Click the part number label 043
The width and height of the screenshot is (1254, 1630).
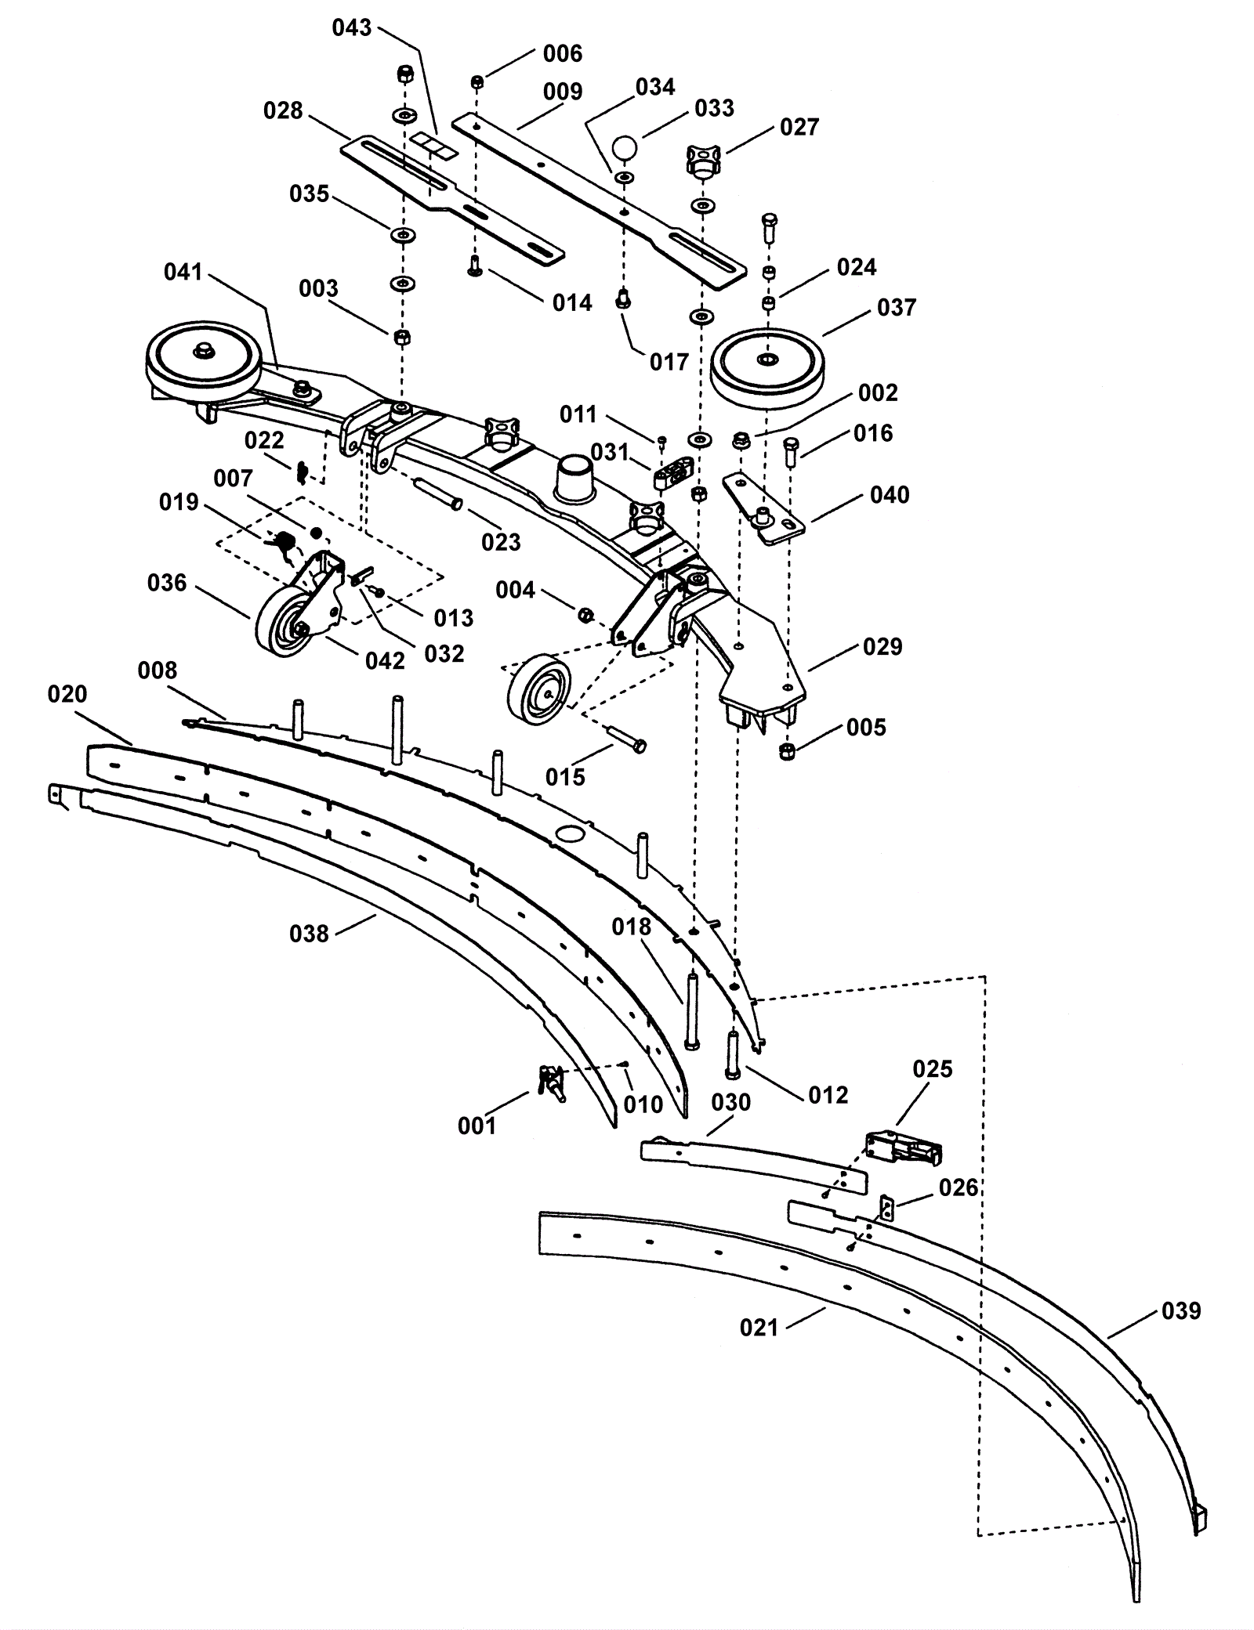tap(352, 28)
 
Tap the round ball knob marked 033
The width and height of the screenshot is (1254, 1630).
tap(625, 147)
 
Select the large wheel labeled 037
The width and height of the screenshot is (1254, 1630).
tap(767, 364)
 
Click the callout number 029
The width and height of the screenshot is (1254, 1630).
tap(883, 646)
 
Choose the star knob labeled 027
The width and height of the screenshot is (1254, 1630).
tap(701, 161)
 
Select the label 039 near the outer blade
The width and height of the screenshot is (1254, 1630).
tap(1180, 1310)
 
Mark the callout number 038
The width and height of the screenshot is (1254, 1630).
tap(309, 933)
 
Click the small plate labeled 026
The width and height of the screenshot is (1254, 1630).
tap(887, 1209)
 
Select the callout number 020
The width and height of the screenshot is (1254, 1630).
tap(67, 694)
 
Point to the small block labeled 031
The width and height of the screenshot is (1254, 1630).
tap(672, 473)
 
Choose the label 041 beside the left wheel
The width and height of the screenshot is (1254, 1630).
tap(183, 272)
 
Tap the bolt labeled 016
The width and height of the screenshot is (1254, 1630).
tap(790, 453)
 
